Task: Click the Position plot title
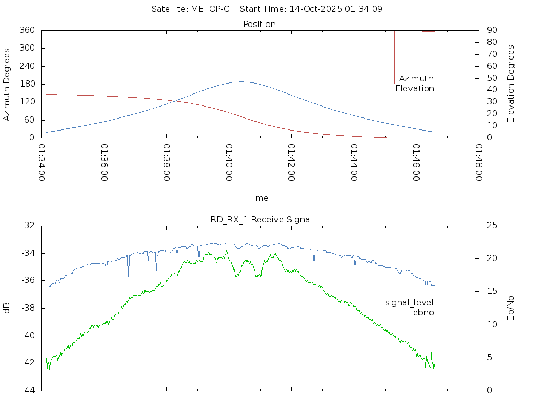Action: click(x=259, y=24)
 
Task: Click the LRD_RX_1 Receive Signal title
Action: click(x=259, y=219)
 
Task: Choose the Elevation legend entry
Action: click(x=415, y=89)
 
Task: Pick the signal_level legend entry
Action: click(x=409, y=302)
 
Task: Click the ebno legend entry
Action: click(x=424, y=312)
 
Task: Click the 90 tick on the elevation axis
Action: click(x=491, y=30)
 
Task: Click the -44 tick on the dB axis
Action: click(x=29, y=390)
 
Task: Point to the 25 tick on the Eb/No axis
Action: click(x=491, y=226)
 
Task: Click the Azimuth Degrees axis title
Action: click(x=7, y=84)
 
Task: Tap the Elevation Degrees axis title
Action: click(x=511, y=84)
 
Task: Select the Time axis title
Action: click(x=259, y=198)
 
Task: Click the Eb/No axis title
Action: click(x=511, y=308)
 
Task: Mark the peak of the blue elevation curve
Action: click(x=240, y=81)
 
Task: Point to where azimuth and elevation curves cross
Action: click(x=173, y=101)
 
